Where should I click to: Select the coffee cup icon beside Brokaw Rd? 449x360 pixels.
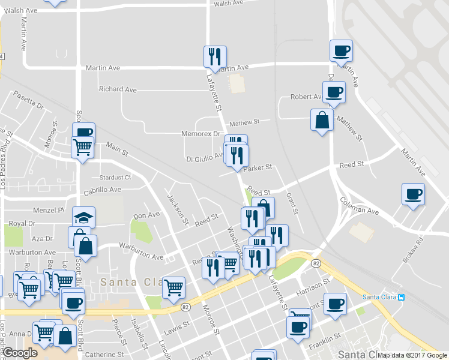click(413, 194)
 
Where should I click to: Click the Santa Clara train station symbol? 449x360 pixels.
click(402, 297)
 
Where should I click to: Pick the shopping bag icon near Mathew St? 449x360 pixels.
click(322, 120)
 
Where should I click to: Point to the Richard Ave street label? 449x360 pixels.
click(118, 89)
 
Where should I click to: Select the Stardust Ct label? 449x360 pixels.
click(115, 178)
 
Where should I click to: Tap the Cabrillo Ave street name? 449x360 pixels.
click(103, 190)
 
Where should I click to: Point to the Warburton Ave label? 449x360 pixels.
click(142, 257)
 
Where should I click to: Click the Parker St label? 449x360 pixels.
click(258, 167)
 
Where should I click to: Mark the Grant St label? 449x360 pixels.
click(292, 202)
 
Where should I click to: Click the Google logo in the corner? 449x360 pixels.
click(20, 353)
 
